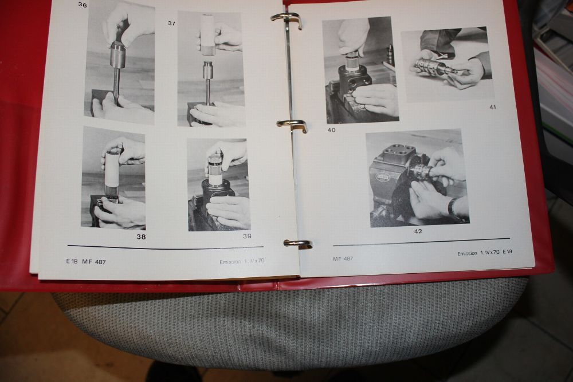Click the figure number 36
pos(83,5)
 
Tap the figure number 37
pos(172,23)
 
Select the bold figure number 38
pos(141,237)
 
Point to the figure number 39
pos(247,236)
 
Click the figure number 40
pos(331,130)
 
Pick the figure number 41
pos(493,107)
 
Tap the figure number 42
pos(418,231)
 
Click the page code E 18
pos(72,261)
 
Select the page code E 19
pos(507,251)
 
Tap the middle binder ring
pos(292,124)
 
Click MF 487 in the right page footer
pos(343,258)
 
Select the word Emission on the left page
pos(230,262)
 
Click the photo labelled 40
pos(360,70)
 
